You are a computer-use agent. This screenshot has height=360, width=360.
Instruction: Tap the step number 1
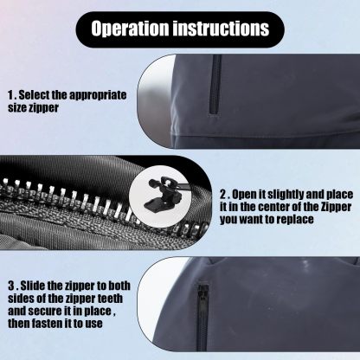pyautogui.click(x=10, y=94)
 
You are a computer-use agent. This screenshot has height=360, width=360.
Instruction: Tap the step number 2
pyautogui.click(x=224, y=196)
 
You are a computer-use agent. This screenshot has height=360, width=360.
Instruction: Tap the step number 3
pyautogui.click(x=11, y=285)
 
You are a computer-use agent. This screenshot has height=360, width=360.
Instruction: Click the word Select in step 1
pyautogui.click(x=40, y=94)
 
